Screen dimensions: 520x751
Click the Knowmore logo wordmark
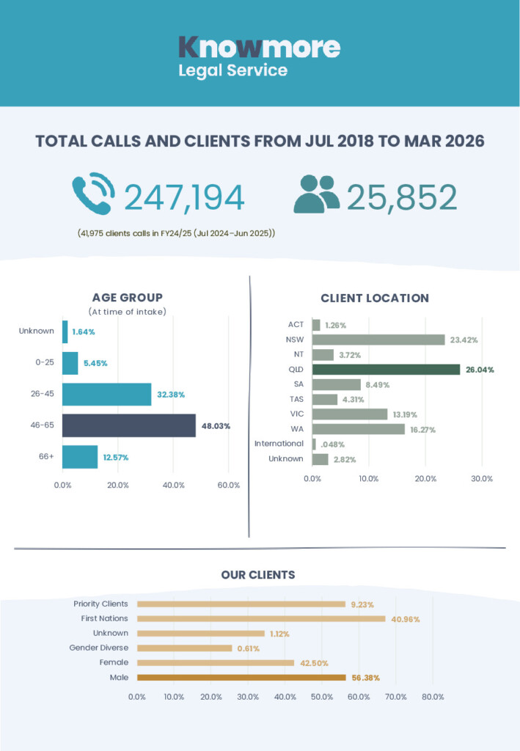point(259,47)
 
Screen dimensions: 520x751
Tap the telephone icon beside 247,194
point(94,194)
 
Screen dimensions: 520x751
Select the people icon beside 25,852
point(317,194)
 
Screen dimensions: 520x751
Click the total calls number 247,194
point(184,197)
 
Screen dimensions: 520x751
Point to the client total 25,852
point(402,197)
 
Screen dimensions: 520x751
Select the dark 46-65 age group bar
point(129,425)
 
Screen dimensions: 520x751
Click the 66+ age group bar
point(80,457)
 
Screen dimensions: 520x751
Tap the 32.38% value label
point(171,395)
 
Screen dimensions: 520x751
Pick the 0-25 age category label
point(45,362)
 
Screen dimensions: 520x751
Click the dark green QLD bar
point(386,370)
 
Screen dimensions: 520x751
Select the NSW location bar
point(378,340)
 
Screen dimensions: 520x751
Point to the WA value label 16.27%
point(422,430)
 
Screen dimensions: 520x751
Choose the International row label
point(279,444)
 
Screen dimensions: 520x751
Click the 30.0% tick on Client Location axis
point(482,478)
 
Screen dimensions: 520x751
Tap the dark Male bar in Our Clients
point(241,677)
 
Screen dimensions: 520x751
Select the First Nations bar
point(261,619)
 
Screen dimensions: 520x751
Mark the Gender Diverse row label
point(98,648)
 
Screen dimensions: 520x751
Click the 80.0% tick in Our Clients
point(433,697)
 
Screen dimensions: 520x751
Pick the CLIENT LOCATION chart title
point(375,298)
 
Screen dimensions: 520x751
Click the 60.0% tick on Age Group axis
point(228,486)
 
